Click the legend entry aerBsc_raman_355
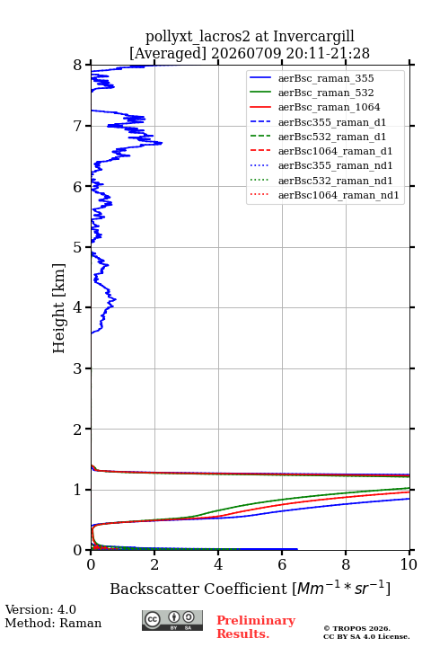(326, 78)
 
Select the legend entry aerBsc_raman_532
(326, 93)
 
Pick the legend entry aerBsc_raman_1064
(330, 107)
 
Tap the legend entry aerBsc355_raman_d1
(332, 122)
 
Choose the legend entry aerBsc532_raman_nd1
(335, 181)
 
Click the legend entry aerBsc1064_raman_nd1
(339, 195)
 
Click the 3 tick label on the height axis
(78, 368)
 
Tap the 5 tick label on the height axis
(78, 247)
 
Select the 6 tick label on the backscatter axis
(282, 564)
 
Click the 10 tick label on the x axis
(409, 564)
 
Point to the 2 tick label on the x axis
(154, 564)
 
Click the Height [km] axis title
(59, 308)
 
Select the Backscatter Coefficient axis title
(250, 588)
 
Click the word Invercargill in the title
(313, 37)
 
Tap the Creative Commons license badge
(172, 620)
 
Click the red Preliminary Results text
(256, 627)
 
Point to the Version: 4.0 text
(40, 609)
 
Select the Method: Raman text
(53, 623)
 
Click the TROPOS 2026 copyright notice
(357, 628)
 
